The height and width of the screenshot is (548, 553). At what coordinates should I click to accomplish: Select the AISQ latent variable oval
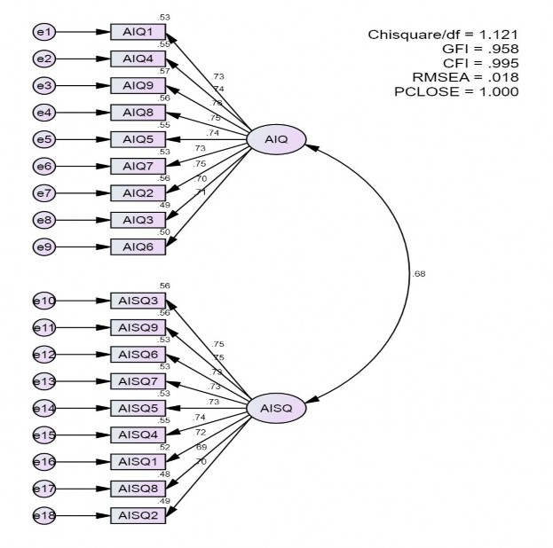pyautogui.click(x=276, y=408)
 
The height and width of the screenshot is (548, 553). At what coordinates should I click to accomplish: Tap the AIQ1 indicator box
pyautogui.click(x=138, y=32)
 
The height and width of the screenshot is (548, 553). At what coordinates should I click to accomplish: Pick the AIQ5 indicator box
pyautogui.click(x=138, y=139)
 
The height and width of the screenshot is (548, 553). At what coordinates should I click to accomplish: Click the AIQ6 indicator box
pyautogui.click(x=138, y=246)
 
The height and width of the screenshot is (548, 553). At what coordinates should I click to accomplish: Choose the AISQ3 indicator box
pyautogui.click(x=138, y=301)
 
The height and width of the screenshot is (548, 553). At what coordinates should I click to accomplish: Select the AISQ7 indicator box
pyautogui.click(x=138, y=381)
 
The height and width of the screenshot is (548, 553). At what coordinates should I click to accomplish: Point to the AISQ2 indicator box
pyautogui.click(x=138, y=515)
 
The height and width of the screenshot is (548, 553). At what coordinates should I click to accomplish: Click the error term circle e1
pyautogui.click(x=43, y=32)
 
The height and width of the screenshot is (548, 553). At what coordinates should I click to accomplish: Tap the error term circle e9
pyautogui.click(x=43, y=246)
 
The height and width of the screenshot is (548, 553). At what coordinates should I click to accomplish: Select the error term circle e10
pyautogui.click(x=43, y=301)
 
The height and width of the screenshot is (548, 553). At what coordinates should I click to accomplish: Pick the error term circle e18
pyautogui.click(x=43, y=515)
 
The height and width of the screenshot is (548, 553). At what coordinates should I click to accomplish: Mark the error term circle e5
pyautogui.click(x=43, y=139)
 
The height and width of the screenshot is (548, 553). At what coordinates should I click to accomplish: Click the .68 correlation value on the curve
pyautogui.click(x=419, y=273)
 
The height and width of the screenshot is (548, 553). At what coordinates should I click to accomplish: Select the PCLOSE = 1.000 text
pyautogui.click(x=456, y=91)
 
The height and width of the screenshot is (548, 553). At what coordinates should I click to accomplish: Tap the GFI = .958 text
pyautogui.click(x=470, y=49)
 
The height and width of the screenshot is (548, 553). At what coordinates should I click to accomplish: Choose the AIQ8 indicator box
pyautogui.click(x=138, y=112)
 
